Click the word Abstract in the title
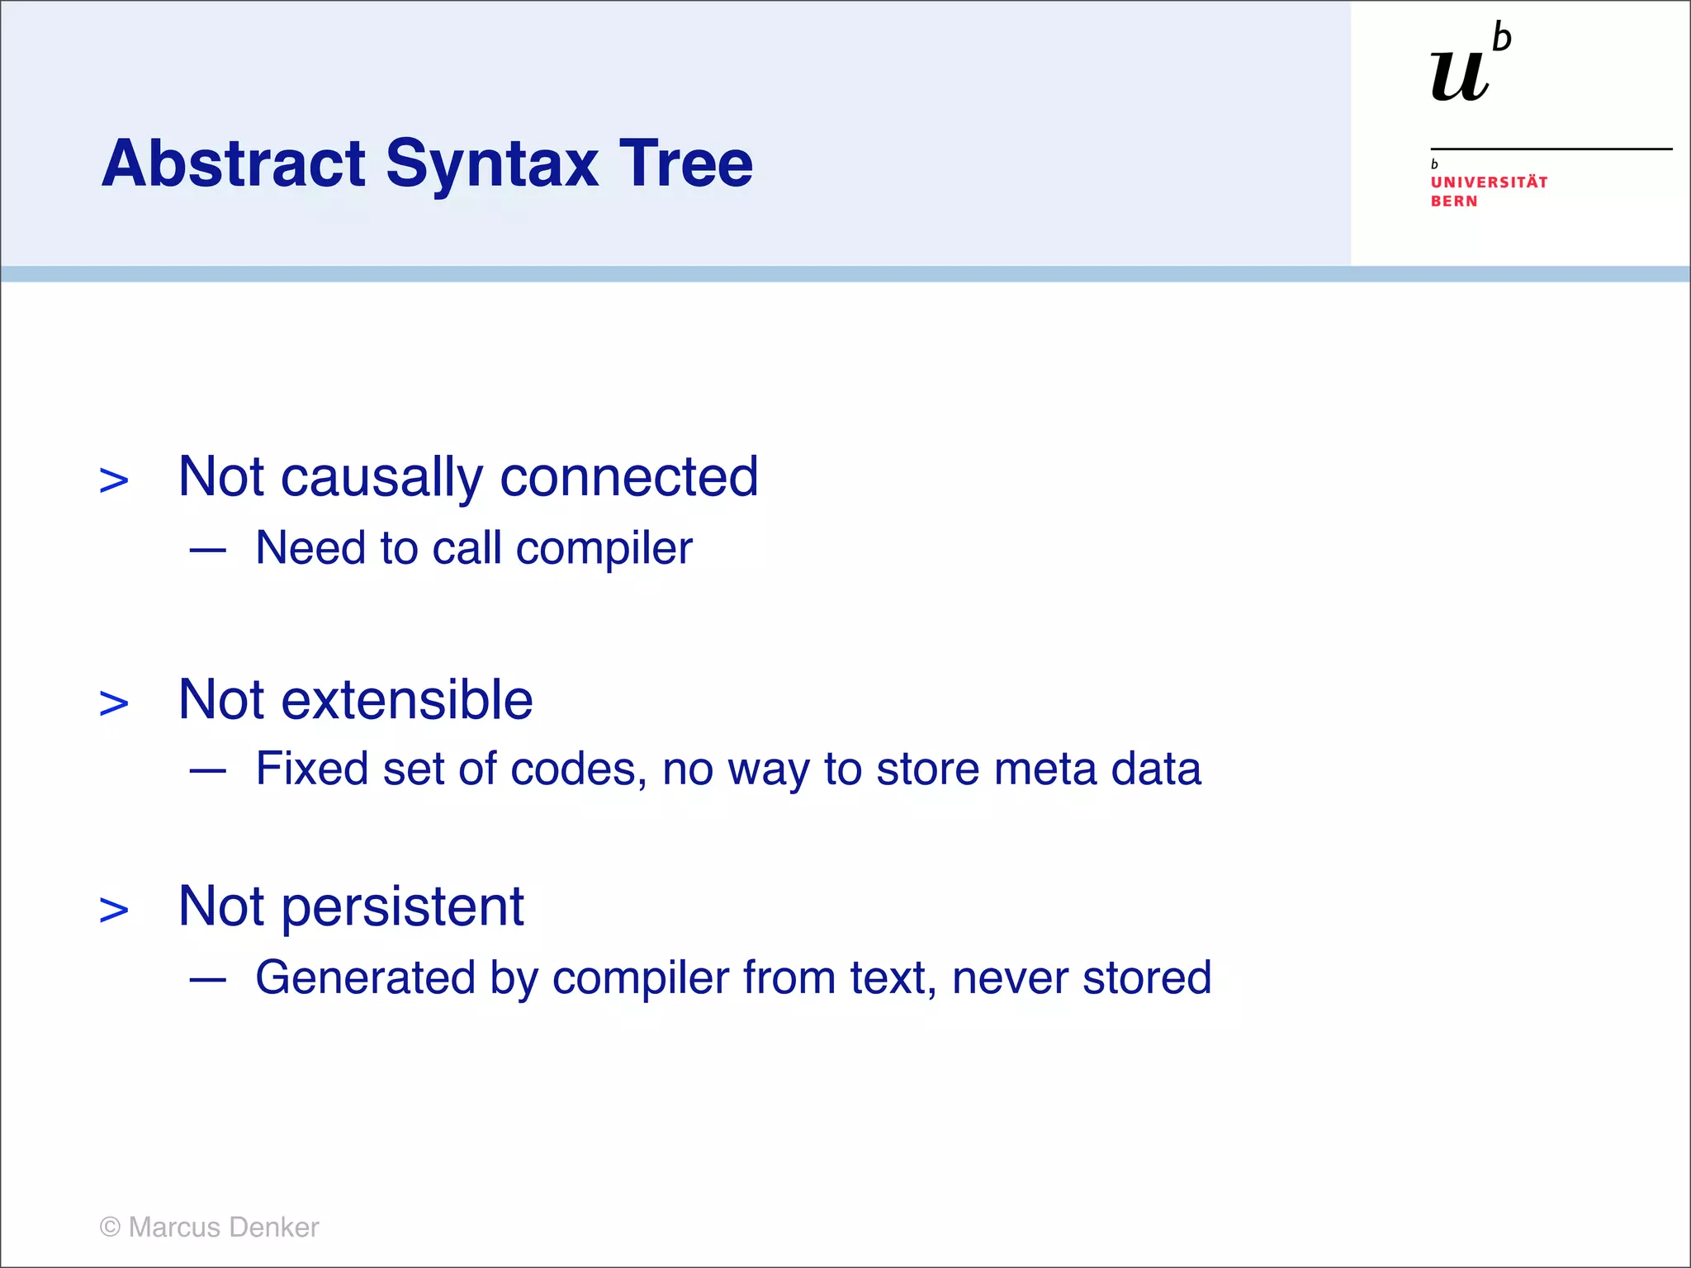pyautogui.click(x=234, y=163)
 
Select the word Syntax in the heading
pyautogui.click(x=492, y=163)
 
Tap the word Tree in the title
pyautogui.click(x=685, y=163)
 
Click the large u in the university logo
pyautogui.click(x=1460, y=76)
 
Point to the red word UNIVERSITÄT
pyautogui.click(x=1489, y=182)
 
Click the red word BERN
pyautogui.click(x=1453, y=201)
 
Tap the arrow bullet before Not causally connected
pyautogui.click(x=114, y=480)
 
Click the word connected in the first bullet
pyautogui.click(x=629, y=477)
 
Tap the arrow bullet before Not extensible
pyautogui.click(x=114, y=703)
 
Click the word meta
pyautogui.click(x=1044, y=769)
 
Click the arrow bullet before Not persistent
pyautogui.click(x=114, y=910)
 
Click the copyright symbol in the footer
pyautogui.click(x=110, y=1228)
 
